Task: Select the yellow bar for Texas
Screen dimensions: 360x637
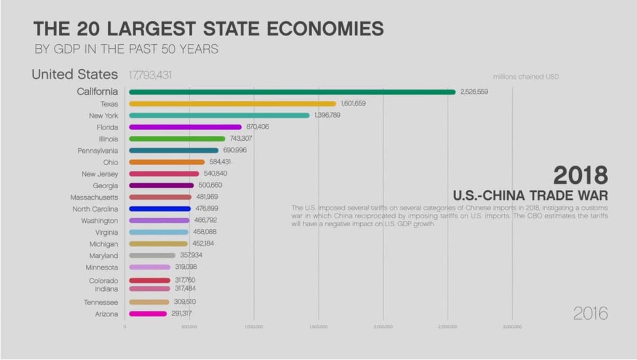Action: [233, 103]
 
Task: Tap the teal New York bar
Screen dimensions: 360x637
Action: [219, 115]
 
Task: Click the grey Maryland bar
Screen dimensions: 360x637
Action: [152, 255]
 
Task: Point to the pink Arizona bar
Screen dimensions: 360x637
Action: [148, 314]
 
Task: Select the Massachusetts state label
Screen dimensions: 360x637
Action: [94, 197]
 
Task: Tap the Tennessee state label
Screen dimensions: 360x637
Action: [101, 302]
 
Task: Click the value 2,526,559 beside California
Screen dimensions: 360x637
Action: [474, 92]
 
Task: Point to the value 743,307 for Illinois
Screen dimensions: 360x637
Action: [241, 139]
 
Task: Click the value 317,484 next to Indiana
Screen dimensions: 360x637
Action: [186, 289]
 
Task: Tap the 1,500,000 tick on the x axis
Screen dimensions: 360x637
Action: [318, 326]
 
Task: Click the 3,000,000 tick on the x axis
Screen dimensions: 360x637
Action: [512, 326]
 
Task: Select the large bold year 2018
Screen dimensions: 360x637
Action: [580, 175]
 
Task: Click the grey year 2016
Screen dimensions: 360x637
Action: [591, 314]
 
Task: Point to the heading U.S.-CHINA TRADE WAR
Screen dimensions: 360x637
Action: [530, 194]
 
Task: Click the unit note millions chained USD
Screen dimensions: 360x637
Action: [526, 77]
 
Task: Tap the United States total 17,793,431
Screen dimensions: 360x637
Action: [150, 75]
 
